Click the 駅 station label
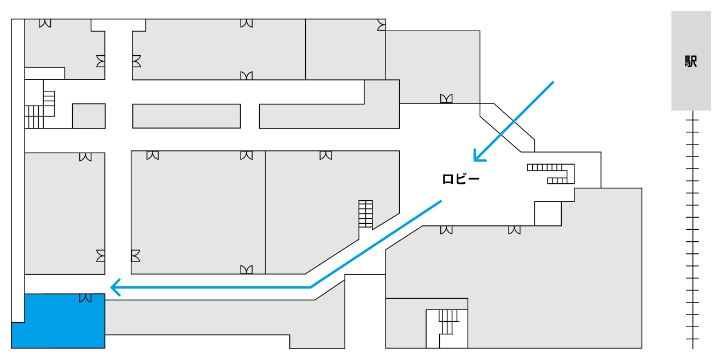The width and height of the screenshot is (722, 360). click(691, 62)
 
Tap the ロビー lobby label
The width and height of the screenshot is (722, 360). click(461, 178)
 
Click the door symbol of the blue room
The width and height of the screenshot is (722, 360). click(85, 298)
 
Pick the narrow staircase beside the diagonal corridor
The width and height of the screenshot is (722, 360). click(365, 214)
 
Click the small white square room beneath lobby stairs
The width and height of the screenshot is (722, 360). click(548, 213)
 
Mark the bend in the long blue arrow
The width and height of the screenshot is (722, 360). click(310, 287)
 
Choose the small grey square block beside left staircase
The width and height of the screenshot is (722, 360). click(89, 116)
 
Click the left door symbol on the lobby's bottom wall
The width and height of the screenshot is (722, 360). click(447, 230)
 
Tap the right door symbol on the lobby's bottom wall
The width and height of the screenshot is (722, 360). click(514, 230)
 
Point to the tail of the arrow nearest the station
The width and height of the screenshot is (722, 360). click(553, 83)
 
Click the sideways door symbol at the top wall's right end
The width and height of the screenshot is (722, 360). click(381, 25)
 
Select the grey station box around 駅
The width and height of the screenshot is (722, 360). click(691, 88)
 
